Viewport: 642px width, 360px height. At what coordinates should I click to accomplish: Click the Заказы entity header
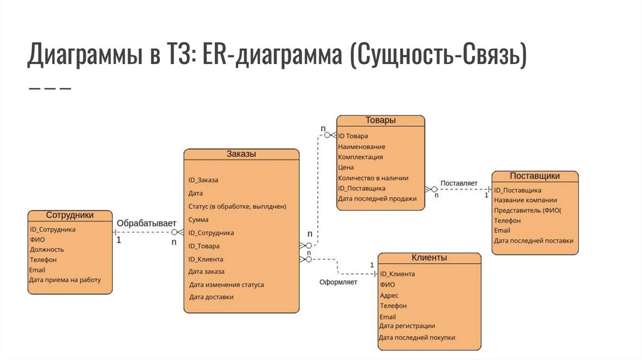[241, 154]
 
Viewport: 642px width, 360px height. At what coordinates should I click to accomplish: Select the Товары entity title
[381, 120]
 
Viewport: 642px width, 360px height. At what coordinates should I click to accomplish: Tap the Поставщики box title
[534, 176]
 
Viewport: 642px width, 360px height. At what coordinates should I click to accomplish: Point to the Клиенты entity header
[429, 258]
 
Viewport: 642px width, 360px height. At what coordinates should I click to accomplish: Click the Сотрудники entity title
[70, 215]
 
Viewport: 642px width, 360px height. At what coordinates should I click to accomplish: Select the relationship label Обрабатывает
[146, 223]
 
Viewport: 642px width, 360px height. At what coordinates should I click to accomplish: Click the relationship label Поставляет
[458, 183]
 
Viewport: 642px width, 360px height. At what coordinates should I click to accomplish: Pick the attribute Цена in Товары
[345, 167]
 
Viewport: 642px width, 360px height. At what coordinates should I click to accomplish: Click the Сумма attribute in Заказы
[198, 220]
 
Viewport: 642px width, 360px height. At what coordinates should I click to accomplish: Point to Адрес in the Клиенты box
[389, 295]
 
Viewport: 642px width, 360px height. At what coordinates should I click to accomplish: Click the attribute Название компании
[525, 200]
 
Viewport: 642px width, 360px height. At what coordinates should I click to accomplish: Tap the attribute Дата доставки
[211, 297]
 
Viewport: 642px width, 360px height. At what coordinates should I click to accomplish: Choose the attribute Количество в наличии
[373, 177]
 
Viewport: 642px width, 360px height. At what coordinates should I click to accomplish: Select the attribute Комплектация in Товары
[360, 157]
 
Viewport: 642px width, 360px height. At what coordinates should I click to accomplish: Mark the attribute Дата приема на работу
[65, 280]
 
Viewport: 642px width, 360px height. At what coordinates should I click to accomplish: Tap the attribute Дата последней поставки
[533, 240]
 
